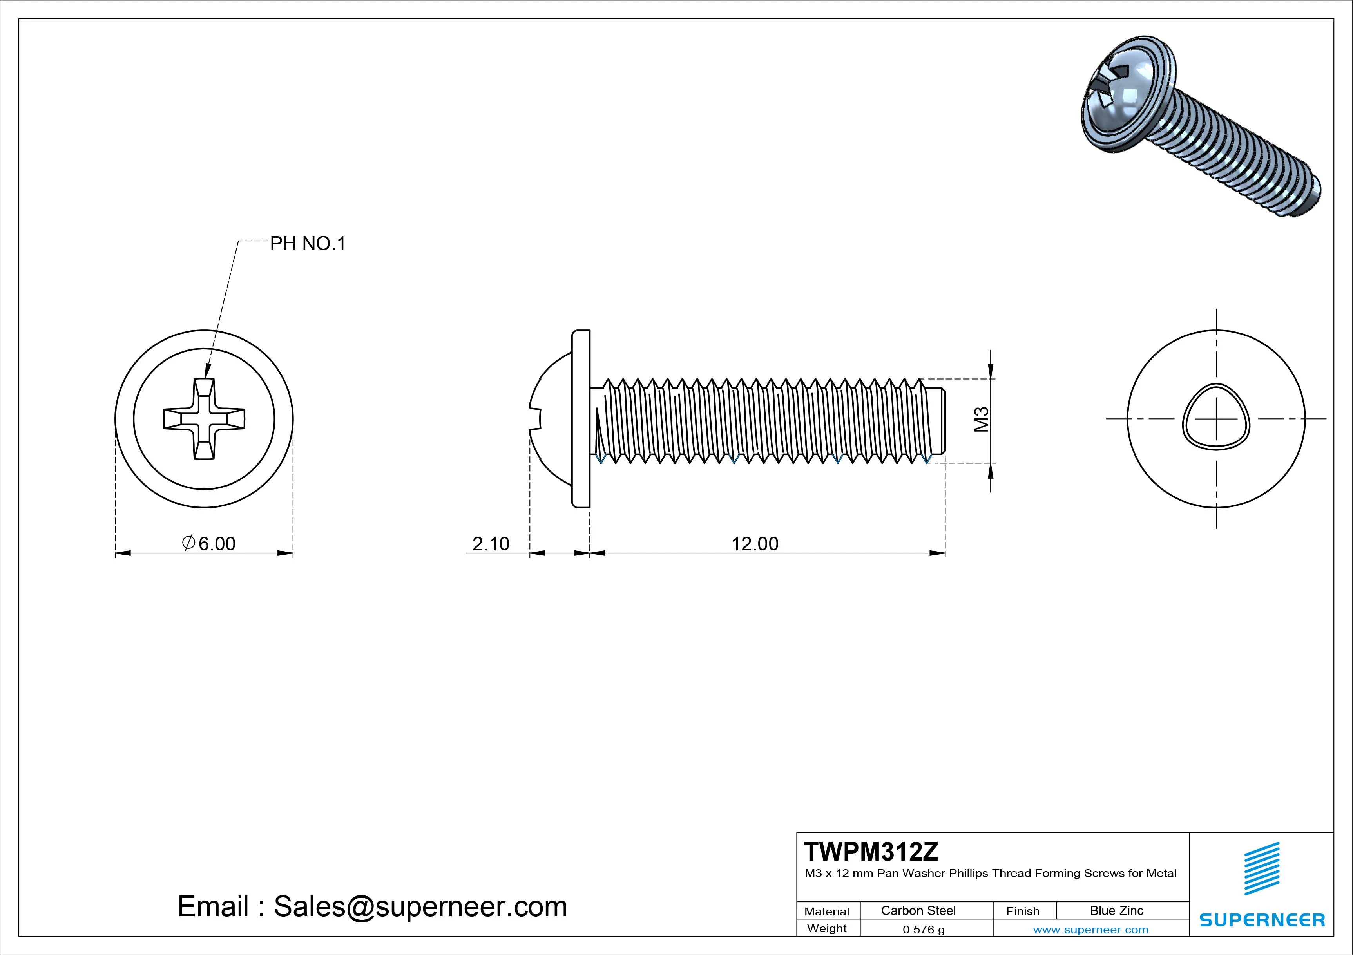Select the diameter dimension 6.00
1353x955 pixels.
point(209,543)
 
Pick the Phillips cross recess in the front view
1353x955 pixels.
point(204,419)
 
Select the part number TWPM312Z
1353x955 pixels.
point(871,851)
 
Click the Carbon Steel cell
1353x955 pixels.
point(918,910)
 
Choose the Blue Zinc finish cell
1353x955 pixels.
point(1116,910)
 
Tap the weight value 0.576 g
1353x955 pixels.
point(924,930)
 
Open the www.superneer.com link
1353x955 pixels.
point(1090,930)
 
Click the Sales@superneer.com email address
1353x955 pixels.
point(420,906)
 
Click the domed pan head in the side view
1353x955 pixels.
point(551,419)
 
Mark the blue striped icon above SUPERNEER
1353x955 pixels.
point(1262,868)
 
